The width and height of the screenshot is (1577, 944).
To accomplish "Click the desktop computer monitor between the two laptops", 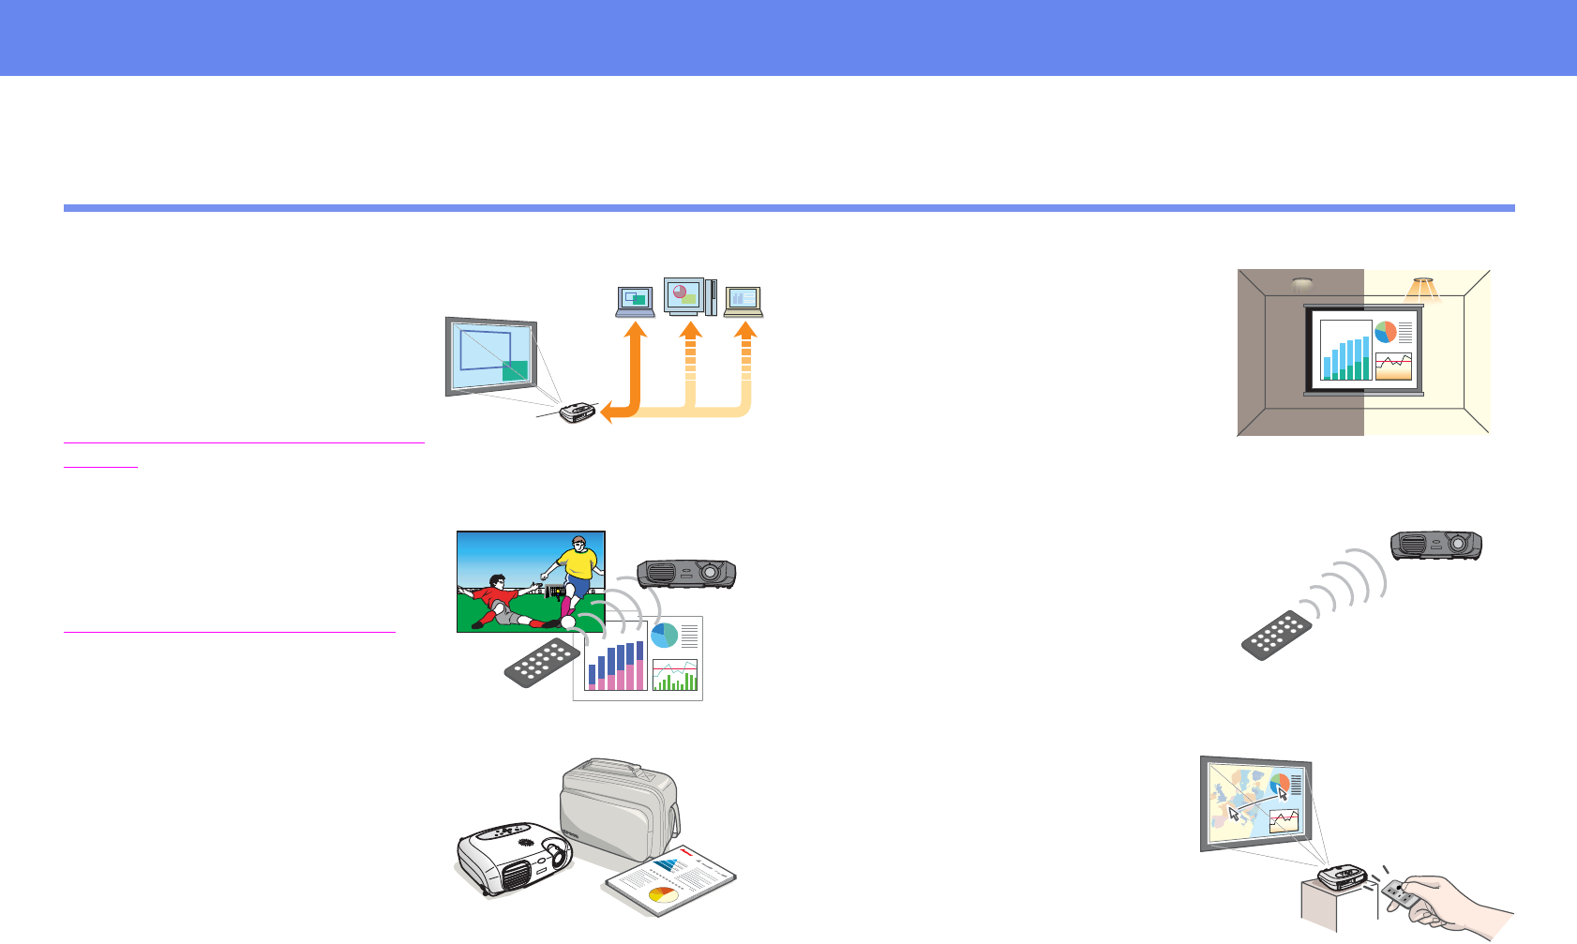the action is (x=683, y=295).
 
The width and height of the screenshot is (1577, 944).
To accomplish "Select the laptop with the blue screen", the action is (x=636, y=301).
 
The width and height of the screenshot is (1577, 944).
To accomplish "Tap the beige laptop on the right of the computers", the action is (x=743, y=301).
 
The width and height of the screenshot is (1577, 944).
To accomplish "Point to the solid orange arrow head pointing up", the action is (x=636, y=330).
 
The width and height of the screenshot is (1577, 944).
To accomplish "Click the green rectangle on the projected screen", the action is (x=515, y=370).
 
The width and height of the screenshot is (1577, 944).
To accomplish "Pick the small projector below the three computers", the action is (x=578, y=412).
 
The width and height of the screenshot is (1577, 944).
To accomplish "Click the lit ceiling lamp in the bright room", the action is (x=1423, y=286).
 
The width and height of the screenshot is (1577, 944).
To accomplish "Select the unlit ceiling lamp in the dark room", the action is (x=1301, y=283).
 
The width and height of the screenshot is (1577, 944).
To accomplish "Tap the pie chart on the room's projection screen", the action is (x=1385, y=332).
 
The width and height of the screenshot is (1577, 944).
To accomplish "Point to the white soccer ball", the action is (x=568, y=622).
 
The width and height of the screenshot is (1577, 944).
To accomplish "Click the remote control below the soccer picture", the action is (x=542, y=662).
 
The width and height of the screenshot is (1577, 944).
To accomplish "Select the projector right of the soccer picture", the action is (x=685, y=573).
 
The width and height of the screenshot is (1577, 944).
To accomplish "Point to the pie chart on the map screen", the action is (x=1280, y=783).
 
